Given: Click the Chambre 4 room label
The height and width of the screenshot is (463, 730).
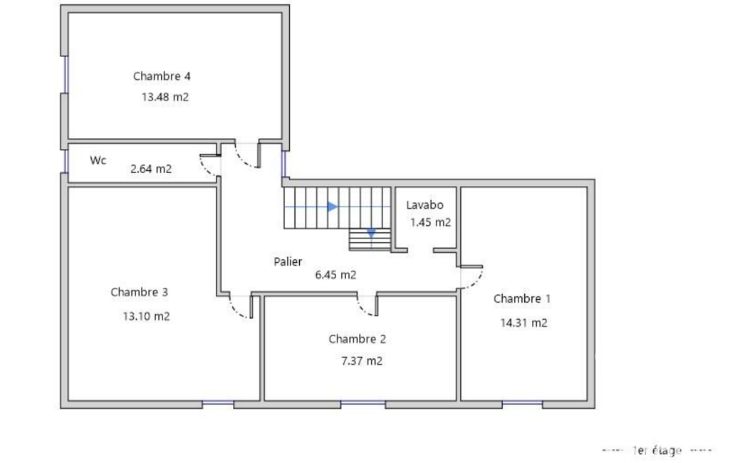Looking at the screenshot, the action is coord(162,76).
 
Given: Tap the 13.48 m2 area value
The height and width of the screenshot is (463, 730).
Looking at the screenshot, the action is coord(165,97).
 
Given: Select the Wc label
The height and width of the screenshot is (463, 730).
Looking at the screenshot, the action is coord(98,160).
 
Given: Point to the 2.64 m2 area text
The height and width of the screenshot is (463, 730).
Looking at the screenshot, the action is coord(151,169).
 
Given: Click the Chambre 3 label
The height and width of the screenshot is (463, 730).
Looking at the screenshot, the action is coord(139,292).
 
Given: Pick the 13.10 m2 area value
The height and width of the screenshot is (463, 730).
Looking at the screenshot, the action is coord(146,316).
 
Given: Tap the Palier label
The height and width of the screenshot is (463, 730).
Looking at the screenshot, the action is coord(288,262).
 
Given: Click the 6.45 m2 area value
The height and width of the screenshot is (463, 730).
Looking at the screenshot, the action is coord(335,275).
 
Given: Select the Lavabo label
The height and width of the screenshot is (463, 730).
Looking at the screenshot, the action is coord(424,205).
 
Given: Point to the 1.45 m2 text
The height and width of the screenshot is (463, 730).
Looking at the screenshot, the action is coord(431,222).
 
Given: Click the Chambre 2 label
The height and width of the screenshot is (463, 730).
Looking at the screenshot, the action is coord(357,339).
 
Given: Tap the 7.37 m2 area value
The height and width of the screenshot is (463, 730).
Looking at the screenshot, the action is coord(362,361).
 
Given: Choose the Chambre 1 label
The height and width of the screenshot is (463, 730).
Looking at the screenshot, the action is coord(522,298).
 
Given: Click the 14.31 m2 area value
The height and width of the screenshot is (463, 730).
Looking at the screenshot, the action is coord(523,323).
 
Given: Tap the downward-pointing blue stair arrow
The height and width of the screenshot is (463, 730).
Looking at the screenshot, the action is coord(371,234).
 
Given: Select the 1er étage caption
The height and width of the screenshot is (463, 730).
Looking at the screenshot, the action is coord(657,450).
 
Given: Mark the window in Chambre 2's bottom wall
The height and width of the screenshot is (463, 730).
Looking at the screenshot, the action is coord(363,403).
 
